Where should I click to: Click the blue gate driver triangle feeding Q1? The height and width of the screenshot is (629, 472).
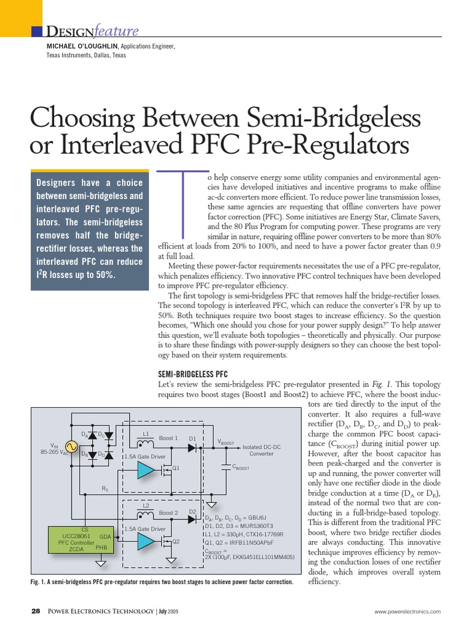coord(146,470)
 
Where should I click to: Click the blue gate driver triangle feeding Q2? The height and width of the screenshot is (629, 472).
coord(146,541)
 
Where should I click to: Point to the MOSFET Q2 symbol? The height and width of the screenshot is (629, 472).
coord(166,542)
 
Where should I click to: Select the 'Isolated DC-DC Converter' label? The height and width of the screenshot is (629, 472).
coord(261,450)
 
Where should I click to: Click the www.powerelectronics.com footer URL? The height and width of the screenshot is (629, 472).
coord(407,612)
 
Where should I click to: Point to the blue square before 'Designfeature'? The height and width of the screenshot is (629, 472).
coord(36,31)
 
